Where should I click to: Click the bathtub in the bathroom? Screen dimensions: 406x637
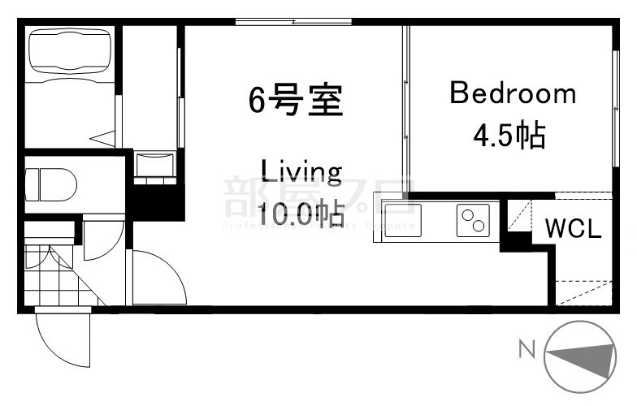click(x=68, y=54)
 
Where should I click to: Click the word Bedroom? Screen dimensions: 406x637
click(x=512, y=94)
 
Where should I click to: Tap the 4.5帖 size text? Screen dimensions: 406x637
click(x=509, y=135)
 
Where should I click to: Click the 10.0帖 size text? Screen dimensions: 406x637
click(x=300, y=214)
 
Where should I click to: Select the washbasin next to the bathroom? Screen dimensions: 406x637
click(x=154, y=164)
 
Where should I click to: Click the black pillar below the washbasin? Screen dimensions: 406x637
click(x=154, y=200)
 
